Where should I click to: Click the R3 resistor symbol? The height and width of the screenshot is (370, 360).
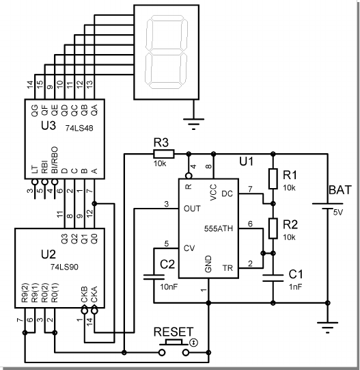coord(164,154)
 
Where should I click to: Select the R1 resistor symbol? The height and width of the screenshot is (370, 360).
coord(273,179)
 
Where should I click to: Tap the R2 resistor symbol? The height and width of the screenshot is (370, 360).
coord(273,228)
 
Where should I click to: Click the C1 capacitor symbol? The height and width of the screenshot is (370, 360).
coord(273,278)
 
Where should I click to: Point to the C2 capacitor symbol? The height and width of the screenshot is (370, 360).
coord(154,277)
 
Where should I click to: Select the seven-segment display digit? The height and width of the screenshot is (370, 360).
coord(167,52)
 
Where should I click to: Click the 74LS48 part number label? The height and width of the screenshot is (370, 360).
coord(79,128)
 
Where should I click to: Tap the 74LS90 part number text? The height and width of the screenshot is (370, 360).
coord(64,267)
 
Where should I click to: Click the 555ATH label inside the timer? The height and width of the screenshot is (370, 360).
coord(219,228)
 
